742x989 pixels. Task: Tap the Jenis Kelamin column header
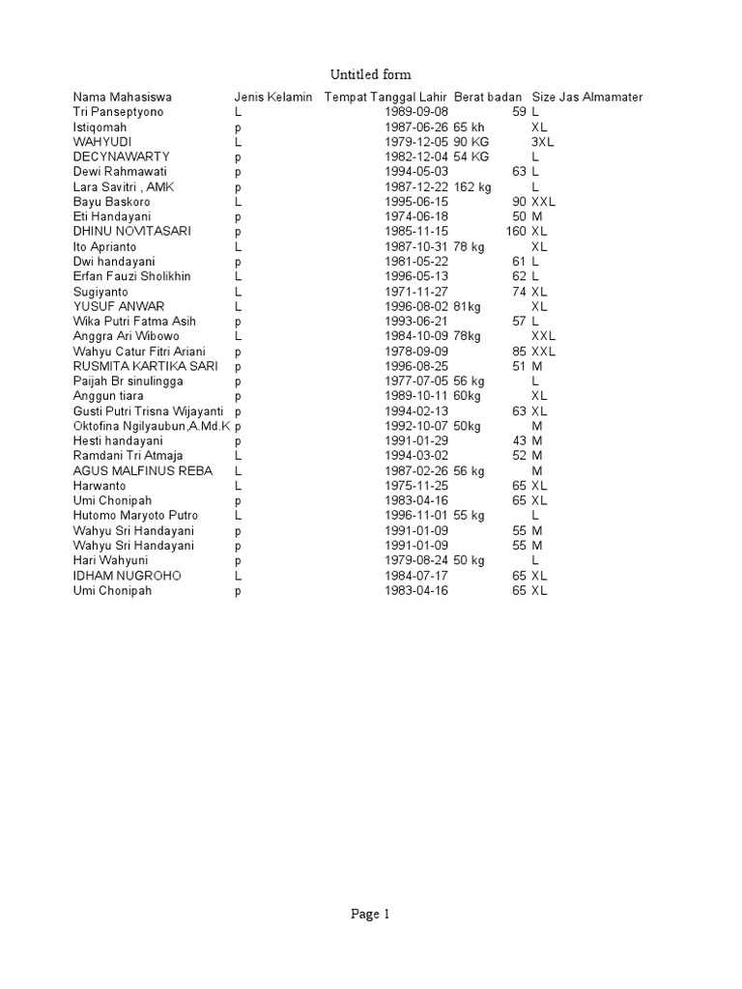[273, 98]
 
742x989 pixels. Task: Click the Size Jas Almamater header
[586, 98]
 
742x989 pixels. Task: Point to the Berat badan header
[488, 98]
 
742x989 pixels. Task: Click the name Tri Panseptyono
[119, 112]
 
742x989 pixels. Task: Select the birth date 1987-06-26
[416, 127]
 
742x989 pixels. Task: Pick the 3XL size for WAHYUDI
[542, 142]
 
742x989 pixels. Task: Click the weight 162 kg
[472, 186]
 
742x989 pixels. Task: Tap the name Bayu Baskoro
[112, 202]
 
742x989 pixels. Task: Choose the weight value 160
[516, 232]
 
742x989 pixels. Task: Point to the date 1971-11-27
[416, 291]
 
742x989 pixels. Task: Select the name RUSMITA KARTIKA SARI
[145, 366]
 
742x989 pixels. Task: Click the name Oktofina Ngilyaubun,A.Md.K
[152, 426]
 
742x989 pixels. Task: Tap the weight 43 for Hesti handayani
[519, 440]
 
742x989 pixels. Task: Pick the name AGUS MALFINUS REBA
[142, 470]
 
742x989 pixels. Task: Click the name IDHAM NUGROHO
[127, 576]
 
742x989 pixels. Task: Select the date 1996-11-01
[416, 516]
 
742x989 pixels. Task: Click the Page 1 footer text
[370, 915]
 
